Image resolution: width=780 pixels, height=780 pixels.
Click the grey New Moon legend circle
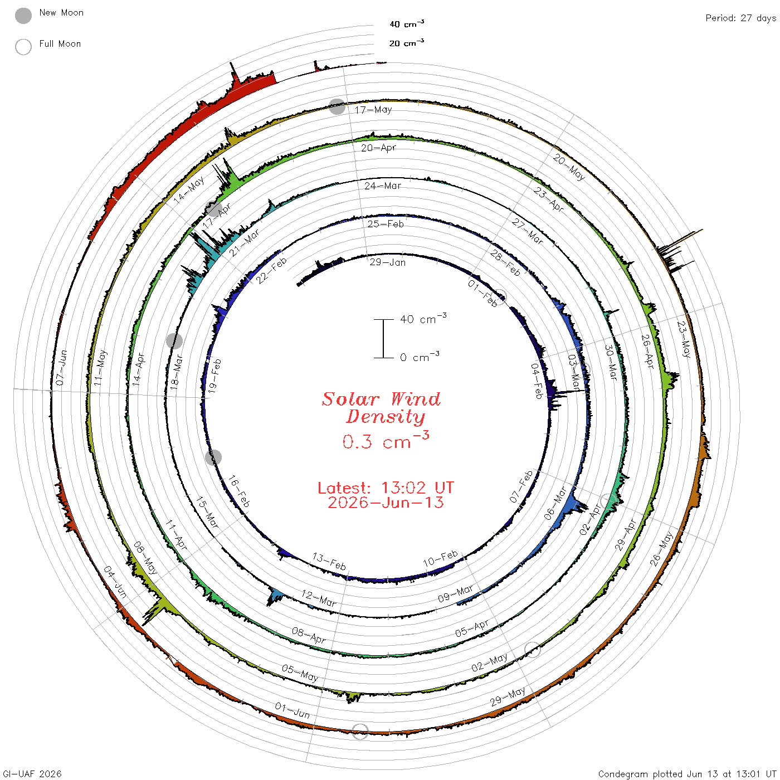click(23, 16)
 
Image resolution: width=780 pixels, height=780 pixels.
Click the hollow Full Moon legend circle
click(23, 47)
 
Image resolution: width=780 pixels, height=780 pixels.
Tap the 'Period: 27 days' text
click(740, 18)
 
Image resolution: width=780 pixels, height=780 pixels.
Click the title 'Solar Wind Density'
click(381, 408)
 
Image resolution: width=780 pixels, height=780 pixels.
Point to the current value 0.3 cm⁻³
click(386, 440)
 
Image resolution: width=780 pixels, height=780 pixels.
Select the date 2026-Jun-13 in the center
click(386, 503)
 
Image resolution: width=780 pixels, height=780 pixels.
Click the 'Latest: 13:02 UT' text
click(386, 487)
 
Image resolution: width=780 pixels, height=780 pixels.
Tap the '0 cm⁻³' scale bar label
click(420, 357)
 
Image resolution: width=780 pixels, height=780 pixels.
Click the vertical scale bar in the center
click(383, 339)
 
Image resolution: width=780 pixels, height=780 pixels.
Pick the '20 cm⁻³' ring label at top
click(406, 42)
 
